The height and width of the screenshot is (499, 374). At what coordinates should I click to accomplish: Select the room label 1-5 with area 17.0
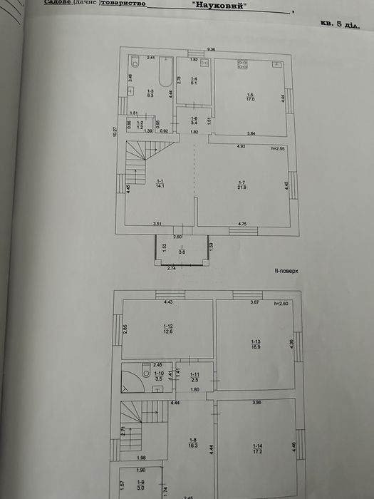point(250,97)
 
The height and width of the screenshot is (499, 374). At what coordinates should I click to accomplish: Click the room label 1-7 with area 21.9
point(242,185)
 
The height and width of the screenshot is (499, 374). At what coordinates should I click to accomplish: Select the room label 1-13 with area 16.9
point(255,344)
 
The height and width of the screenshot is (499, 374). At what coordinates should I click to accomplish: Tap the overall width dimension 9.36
point(211,48)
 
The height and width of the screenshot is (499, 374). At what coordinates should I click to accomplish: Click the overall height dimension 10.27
point(115,131)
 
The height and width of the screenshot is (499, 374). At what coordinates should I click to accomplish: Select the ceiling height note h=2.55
point(278,148)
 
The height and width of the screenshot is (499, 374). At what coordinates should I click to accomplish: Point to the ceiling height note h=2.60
point(283,304)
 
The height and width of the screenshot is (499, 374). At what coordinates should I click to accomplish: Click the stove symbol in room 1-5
point(242,64)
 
